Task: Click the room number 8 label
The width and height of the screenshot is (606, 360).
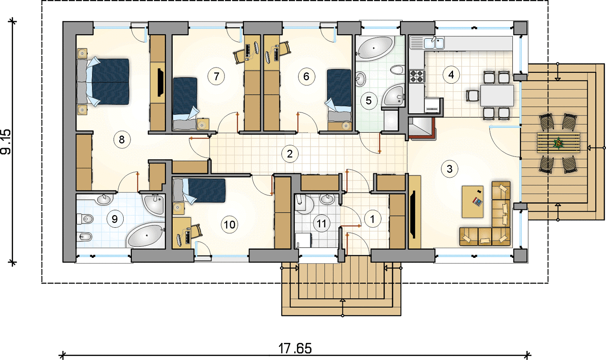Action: (122, 139)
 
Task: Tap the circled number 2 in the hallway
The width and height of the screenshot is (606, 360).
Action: (290, 154)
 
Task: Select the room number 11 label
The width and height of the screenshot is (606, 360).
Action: (321, 224)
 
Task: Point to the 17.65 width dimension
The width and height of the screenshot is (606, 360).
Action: (295, 348)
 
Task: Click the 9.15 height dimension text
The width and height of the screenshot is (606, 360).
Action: (6, 142)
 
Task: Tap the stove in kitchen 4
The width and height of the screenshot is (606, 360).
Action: (417, 76)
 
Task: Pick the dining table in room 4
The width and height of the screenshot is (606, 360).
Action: (497, 95)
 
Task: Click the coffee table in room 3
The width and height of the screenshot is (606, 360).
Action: (473, 202)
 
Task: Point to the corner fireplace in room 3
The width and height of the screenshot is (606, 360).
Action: (422, 128)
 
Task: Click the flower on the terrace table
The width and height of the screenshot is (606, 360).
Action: (557, 143)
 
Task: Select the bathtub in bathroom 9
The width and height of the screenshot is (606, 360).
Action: (146, 235)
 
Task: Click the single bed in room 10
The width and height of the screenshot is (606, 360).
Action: (199, 190)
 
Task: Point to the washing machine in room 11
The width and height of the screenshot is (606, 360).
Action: (303, 240)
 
